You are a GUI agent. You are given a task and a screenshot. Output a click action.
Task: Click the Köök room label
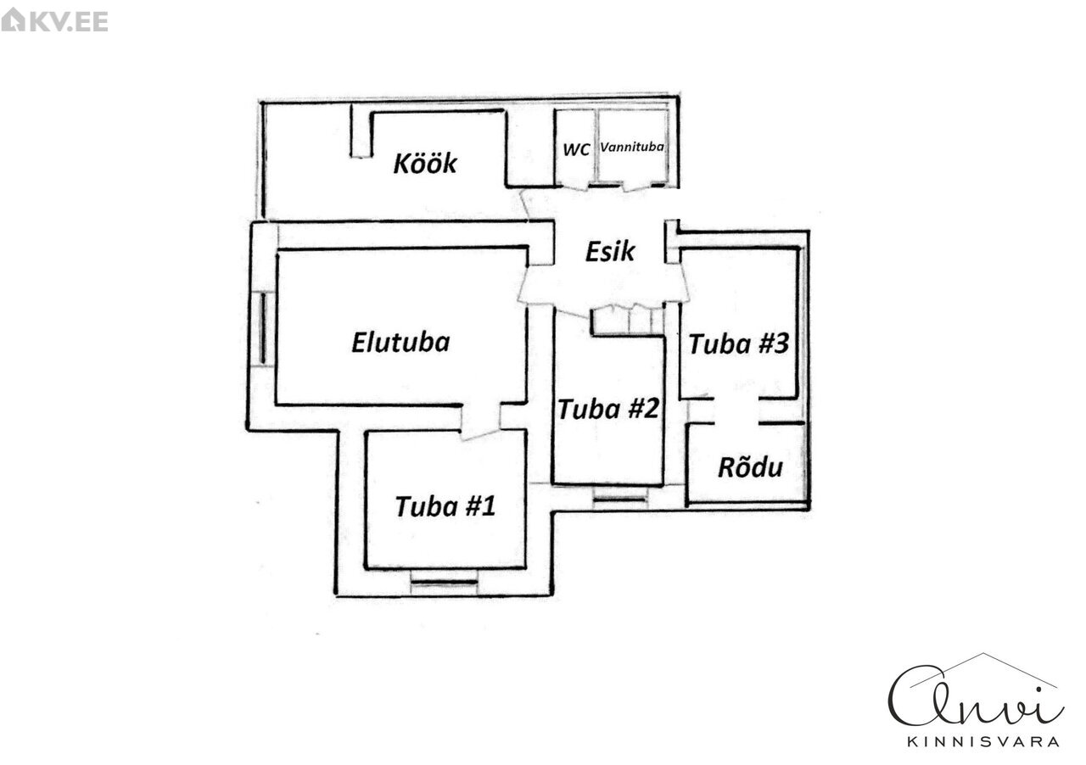[x=424, y=163]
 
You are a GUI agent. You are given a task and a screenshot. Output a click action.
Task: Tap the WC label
[x=577, y=148]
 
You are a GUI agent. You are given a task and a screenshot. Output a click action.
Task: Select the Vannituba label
[x=632, y=147]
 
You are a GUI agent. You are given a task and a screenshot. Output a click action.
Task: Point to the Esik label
[x=610, y=251]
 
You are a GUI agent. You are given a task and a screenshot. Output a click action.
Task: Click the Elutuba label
[x=400, y=343]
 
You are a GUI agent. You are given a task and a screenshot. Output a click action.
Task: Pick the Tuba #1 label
[x=445, y=506]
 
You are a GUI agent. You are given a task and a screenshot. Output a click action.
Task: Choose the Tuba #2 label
[x=608, y=409]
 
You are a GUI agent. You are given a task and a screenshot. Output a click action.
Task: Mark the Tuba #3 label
[x=739, y=344]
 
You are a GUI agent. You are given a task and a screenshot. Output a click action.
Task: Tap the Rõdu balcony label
[x=750, y=467]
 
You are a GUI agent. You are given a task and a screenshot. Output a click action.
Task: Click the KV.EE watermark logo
[x=55, y=20]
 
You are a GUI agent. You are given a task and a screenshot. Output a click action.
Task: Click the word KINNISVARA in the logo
[x=983, y=741]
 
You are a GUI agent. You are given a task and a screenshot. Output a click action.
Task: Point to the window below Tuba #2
[x=619, y=499]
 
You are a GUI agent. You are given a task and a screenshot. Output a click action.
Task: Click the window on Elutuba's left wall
[x=265, y=327]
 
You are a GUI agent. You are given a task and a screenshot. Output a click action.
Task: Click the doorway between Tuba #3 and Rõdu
[x=736, y=410]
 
